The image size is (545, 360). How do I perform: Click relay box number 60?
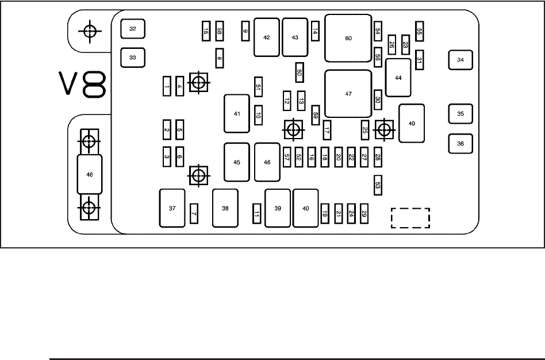point(348,39)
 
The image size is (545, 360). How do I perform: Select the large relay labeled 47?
point(348,94)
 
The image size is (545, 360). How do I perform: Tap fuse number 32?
point(133,29)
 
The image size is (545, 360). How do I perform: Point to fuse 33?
point(133,58)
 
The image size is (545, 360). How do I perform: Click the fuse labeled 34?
point(460,60)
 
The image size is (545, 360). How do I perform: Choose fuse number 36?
point(460,144)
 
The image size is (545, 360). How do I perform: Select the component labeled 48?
point(89,174)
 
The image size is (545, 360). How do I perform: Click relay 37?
point(172,208)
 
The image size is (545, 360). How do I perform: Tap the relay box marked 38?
point(225,208)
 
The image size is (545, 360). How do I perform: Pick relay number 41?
point(237,114)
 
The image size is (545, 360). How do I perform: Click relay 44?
point(398,77)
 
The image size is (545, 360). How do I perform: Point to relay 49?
point(411,123)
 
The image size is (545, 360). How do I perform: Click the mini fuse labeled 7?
point(194,213)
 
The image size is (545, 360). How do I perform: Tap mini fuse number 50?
point(299,72)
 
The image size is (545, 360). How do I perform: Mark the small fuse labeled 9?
point(245,31)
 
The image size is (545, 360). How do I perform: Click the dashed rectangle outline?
point(410,218)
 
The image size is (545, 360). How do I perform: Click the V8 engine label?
point(83,85)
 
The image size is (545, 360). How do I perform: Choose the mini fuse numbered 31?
point(420,60)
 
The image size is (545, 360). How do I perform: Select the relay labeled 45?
point(237,162)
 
